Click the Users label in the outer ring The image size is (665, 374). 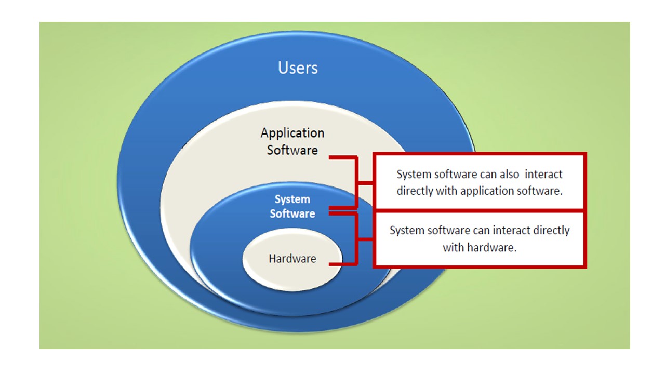[x=298, y=68]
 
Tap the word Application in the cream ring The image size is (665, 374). [x=292, y=133]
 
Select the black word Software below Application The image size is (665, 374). [x=292, y=150]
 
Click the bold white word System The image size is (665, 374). [x=292, y=199]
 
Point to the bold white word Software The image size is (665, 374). [x=292, y=213]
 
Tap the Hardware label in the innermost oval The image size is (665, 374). [x=292, y=259]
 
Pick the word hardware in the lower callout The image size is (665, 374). [x=491, y=247]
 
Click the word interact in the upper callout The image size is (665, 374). [x=544, y=175]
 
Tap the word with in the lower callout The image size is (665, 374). [x=453, y=247]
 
